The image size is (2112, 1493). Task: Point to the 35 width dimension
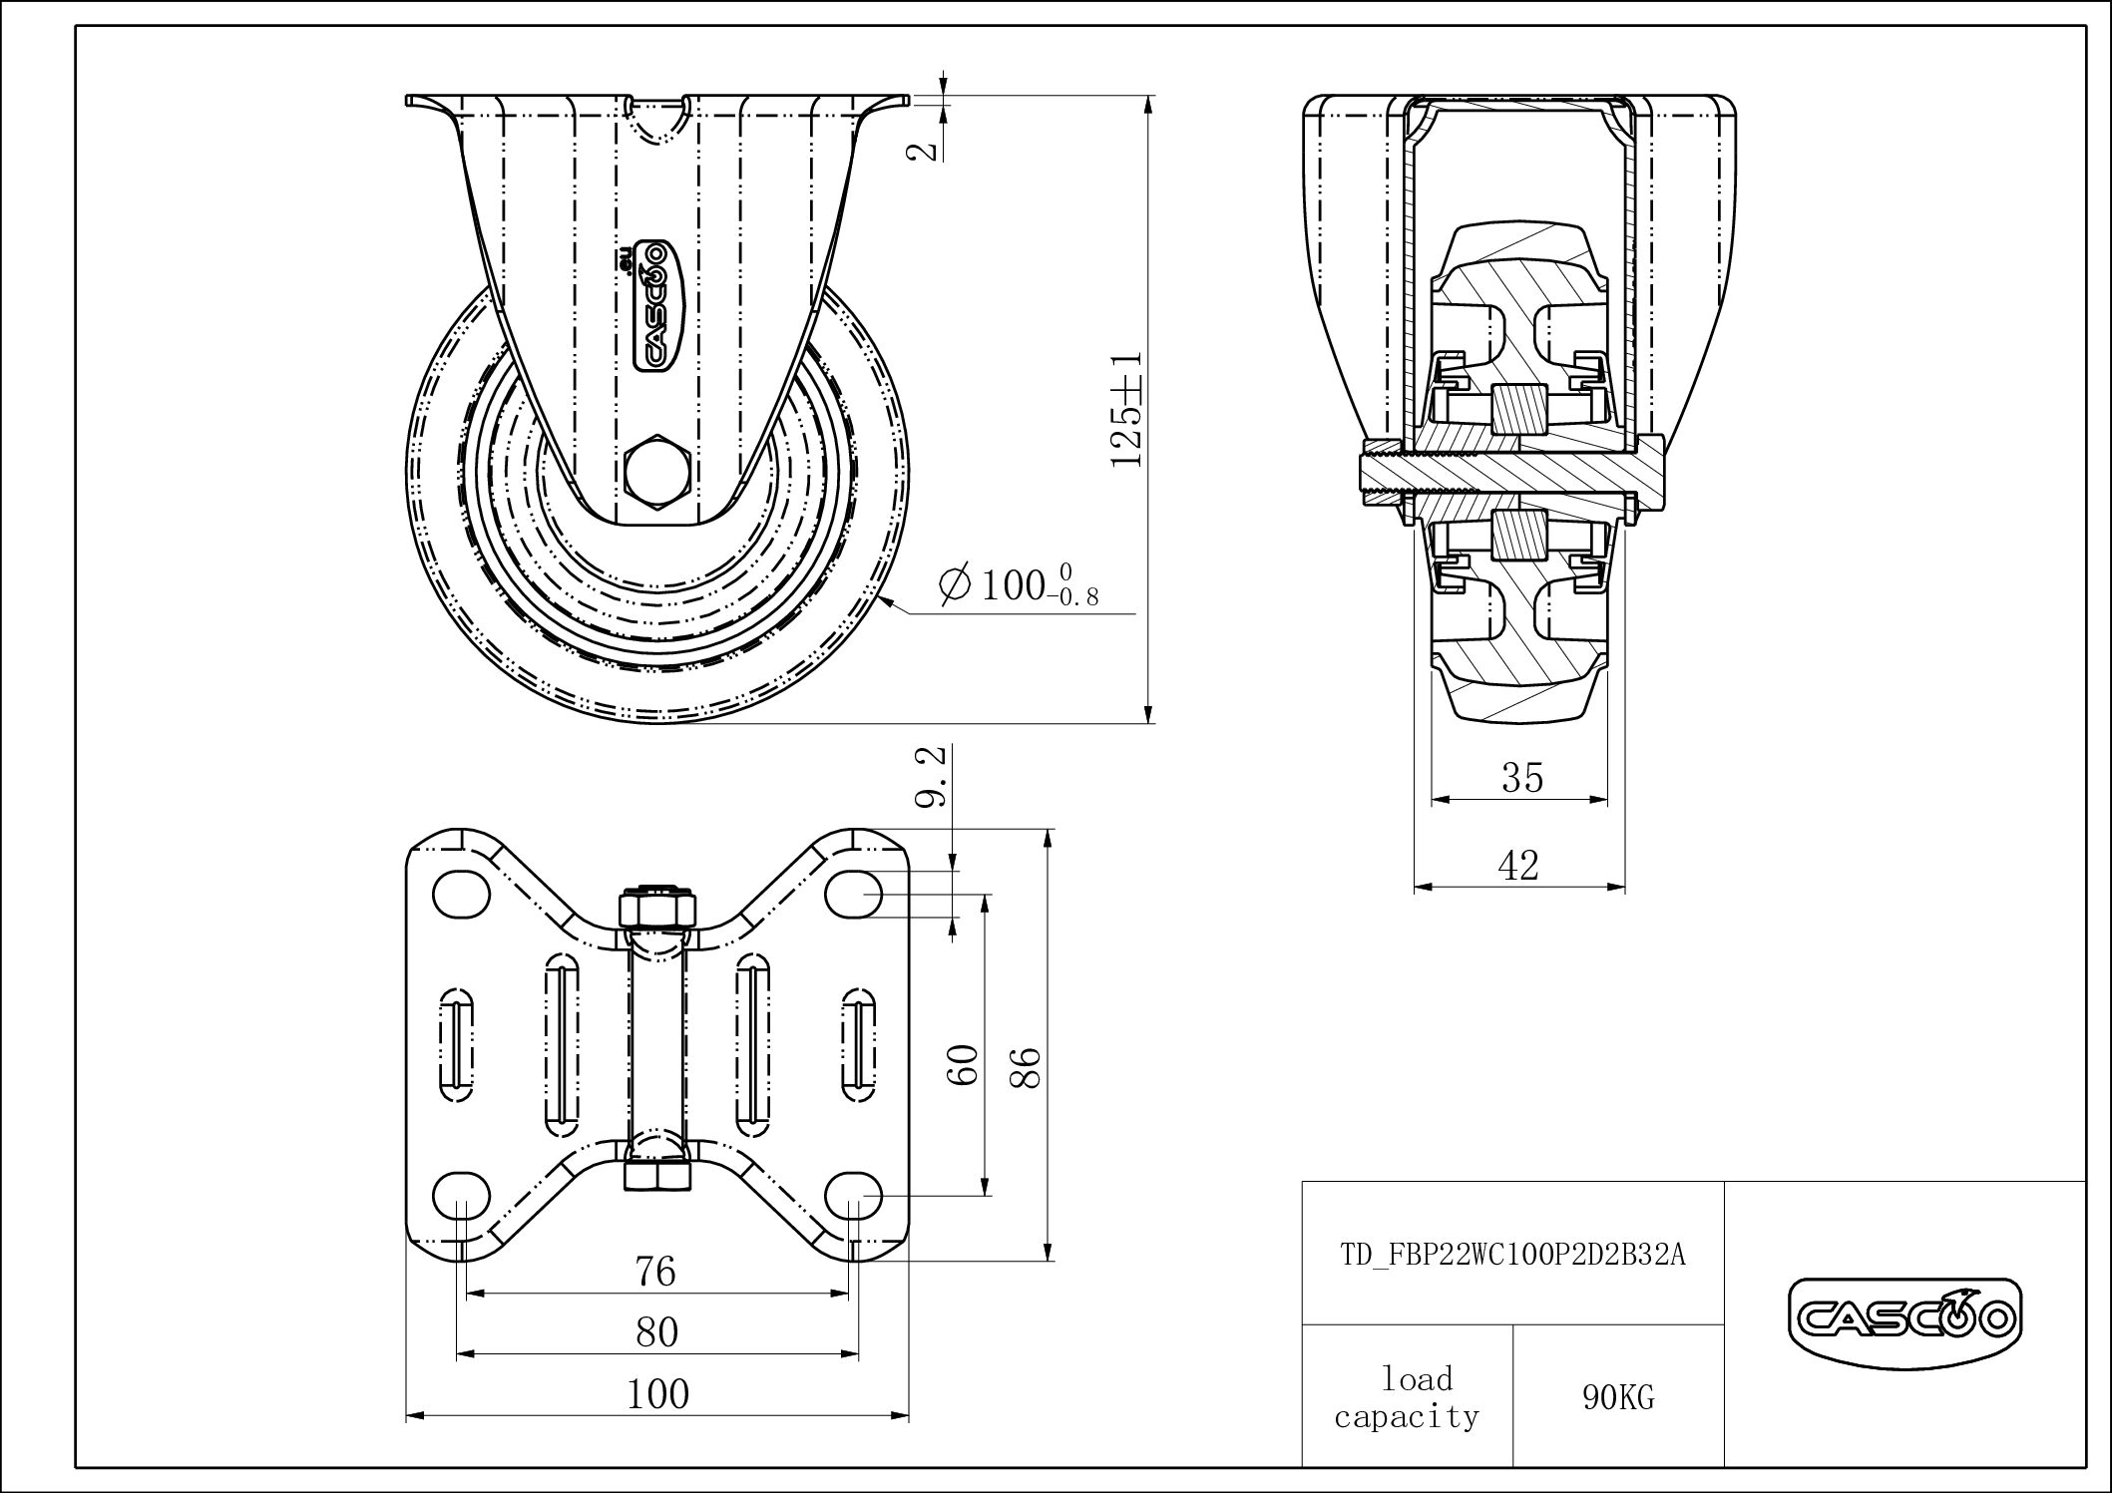pyautogui.click(x=1521, y=778)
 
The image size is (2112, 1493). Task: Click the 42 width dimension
pyautogui.click(x=1518, y=865)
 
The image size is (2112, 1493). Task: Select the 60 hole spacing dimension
pyautogui.click(x=962, y=1065)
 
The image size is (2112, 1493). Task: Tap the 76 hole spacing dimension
pyautogui.click(x=655, y=1272)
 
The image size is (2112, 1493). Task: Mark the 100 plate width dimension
pyautogui.click(x=657, y=1393)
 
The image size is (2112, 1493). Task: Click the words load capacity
pyautogui.click(x=1408, y=1397)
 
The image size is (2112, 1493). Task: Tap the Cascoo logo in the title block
pyautogui.click(x=1904, y=1319)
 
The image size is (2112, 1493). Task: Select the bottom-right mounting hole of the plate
pyautogui.click(x=855, y=1194)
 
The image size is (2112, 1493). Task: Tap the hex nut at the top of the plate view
pyautogui.click(x=656, y=909)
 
